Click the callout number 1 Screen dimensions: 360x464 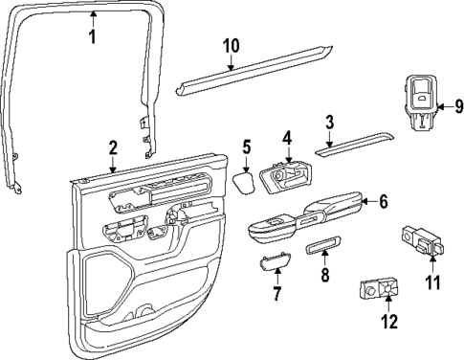point(92,37)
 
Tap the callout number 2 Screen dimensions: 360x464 point(113,147)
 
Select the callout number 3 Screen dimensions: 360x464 point(328,122)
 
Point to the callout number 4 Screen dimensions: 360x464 point(286,139)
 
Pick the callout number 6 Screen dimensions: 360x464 point(383,202)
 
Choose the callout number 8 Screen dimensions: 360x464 point(324,277)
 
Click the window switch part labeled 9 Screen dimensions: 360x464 point(418,100)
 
